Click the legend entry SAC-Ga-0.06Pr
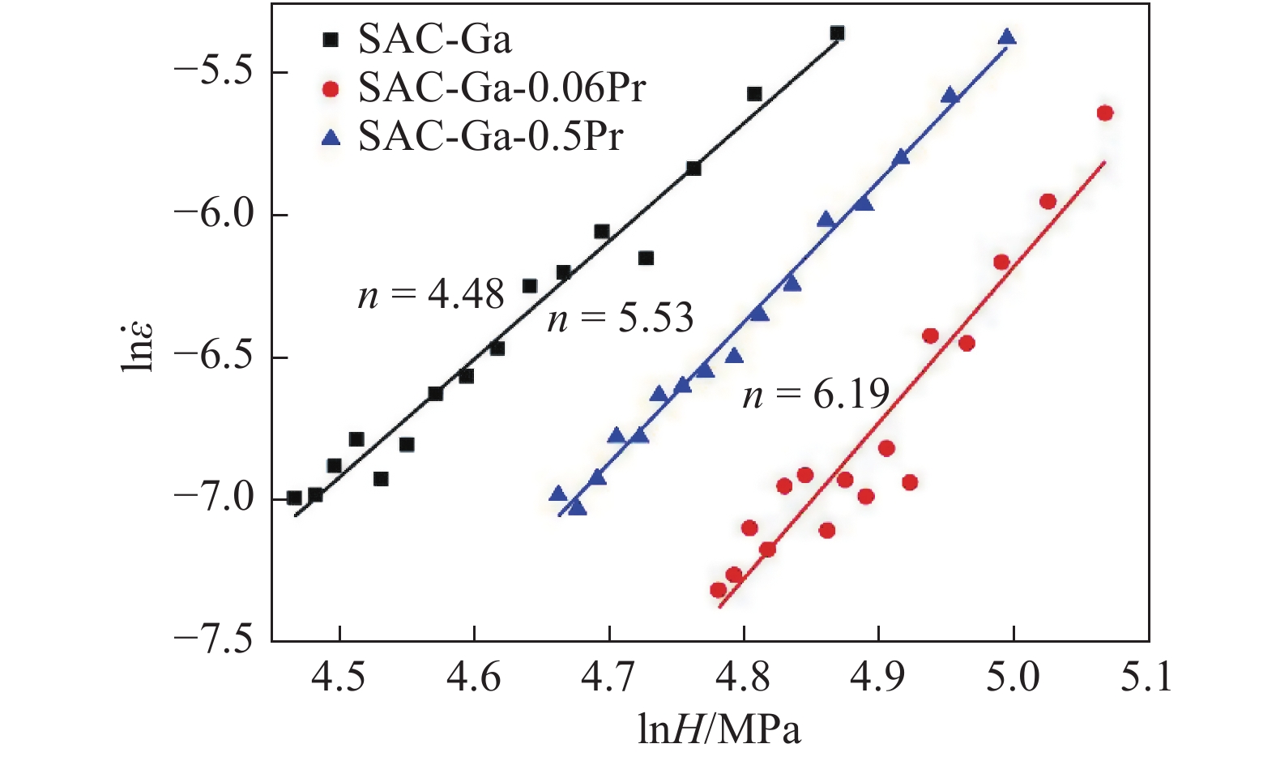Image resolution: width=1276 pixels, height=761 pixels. tap(501, 88)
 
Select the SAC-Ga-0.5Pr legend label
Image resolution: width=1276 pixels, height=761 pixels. tap(491, 136)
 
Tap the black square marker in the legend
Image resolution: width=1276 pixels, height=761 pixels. tap(330, 39)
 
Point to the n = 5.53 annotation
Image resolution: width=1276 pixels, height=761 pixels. tap(621, 319)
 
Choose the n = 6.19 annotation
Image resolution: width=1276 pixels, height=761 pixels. tap(816, 395)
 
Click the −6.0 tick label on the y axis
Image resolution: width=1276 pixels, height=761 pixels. tap(212, 216)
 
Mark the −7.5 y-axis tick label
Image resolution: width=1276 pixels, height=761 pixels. tap(212, 641)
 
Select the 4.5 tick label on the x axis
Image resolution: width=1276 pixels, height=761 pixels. tap(339, 678)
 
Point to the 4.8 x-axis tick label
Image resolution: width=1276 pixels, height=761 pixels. tap(743, 678)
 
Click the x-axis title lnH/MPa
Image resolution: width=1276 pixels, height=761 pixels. tap(719, 730)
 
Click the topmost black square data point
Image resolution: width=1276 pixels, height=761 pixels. tap(837, 33)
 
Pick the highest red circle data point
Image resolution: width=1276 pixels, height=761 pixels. tap(1105, 113)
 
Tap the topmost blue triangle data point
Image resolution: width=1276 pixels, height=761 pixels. tap(1007, 36)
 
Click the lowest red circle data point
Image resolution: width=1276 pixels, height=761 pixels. tap(718, 590)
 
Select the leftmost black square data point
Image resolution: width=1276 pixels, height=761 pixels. tap(294, 498)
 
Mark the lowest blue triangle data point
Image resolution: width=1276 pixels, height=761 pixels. tap(577, 507)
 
